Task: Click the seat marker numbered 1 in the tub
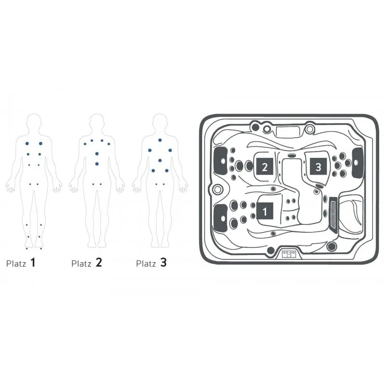pyautogui.click(x=265, y=211)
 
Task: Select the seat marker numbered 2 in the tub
pyautogui.click(x=265, y=167)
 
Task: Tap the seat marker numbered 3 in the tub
pyautogui.click(x=318, y=167)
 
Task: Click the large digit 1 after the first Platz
pyautogui.click(x=33, y=262)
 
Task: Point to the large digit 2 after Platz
pyautogui.click(x=99, y=262)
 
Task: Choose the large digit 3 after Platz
pyautogui.click(x=164, y=262)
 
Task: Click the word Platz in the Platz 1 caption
pyautogui.click(x=16, y=264)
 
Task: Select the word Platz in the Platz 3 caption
pyautogui.click(x=146, y=264)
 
